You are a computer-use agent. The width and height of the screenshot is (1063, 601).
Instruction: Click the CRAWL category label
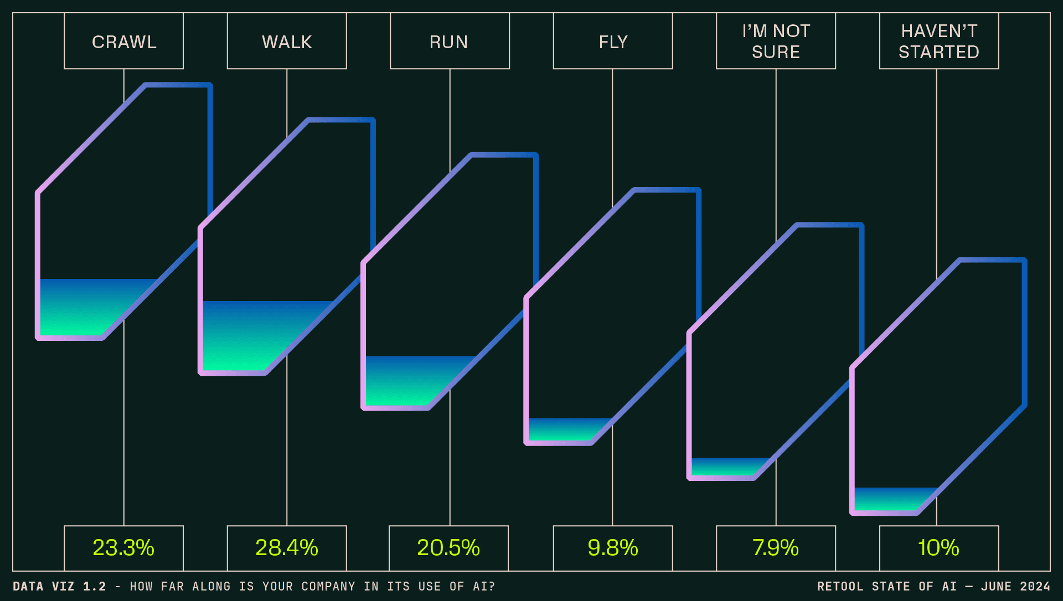pyautogui.click(x=124, y=42)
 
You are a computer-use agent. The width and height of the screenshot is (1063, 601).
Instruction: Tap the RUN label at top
pyautogui.click(x=449, y=42)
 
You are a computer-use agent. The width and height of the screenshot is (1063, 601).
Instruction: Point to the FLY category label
pyautogui.click(x=613, y=42)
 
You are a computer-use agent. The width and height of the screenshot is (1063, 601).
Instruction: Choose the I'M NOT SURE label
pyautogui.click(x=776, y=42)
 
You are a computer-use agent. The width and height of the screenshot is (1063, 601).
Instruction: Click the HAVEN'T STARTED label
pyautogui.click(x=939, y=42)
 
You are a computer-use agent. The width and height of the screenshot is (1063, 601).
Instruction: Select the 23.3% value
pyautogui.click(x=123, y=548)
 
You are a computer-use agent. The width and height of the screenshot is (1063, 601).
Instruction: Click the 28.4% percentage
pyautogui.click(x=287, y=548)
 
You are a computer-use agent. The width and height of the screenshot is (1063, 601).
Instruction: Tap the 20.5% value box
pyautogui.click(x=448, y=548)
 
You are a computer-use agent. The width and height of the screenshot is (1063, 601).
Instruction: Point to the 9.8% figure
pyautogui.click(x=613, y=548)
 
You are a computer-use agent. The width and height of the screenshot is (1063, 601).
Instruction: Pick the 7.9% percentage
pyautogui.click(x=776, y=548)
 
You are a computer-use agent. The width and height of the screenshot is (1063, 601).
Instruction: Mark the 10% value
pyautogui.click(x=939, y=548)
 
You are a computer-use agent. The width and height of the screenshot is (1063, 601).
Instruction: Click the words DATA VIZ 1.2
pyautogui.click(x=59, y=587)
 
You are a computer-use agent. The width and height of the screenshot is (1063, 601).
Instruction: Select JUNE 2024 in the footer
pyautogui.click(x=1015, y=587)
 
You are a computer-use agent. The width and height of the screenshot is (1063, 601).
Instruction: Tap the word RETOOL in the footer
pyautogui.click(x=840, y=587)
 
